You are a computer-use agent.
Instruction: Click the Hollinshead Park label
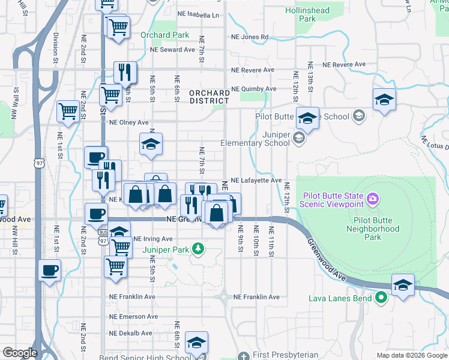coord(307,14)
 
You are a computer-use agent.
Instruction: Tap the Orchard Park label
coord(164,35)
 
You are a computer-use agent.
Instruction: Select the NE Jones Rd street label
coord(250,37)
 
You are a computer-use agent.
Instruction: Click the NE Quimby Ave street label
coord(254,89)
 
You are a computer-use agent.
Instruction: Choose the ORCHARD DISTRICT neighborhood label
coord(209,97)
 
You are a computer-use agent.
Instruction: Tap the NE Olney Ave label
coord(128,122)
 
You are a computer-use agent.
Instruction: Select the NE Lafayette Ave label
coord(256,180)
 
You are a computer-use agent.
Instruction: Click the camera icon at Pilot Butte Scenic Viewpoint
coord(373,199)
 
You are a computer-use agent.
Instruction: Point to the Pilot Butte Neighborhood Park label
coord(372,229)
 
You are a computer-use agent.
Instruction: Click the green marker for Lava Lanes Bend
coord(381,297)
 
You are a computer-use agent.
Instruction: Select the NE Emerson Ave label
coord(133,316)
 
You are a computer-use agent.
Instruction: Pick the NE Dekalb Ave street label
coord(131,333)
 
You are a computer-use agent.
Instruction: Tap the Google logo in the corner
coord(19,353)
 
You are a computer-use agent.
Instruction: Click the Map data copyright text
coord(412,355)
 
